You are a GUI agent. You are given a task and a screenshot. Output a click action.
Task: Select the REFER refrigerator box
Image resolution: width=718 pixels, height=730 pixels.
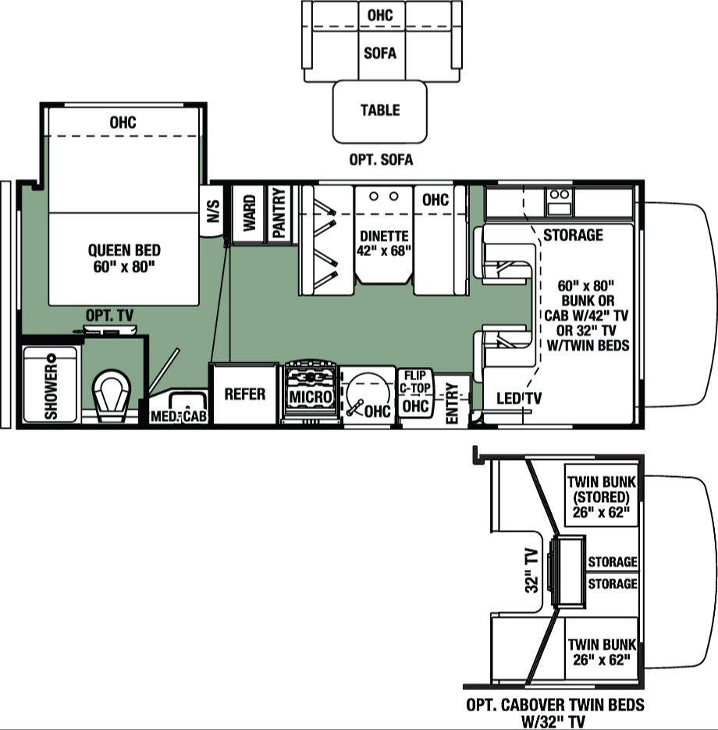coord(245,393)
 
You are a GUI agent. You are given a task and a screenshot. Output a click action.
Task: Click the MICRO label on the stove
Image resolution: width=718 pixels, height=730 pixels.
coord(311,397)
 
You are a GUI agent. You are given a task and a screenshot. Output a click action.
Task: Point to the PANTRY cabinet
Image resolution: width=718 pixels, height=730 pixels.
coord(279,213)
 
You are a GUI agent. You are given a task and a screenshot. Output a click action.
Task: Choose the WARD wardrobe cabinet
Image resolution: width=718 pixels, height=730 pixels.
coord(249,213)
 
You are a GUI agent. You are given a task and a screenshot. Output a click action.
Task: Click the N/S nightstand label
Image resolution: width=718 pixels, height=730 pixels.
coord(212,211)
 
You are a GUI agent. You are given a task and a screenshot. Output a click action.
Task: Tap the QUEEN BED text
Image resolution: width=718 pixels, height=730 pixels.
coord(124,251)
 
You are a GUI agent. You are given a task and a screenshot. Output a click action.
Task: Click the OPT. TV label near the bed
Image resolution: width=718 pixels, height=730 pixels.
coord(109,315)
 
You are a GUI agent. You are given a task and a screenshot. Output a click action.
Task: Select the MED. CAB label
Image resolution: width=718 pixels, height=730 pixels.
coord(179,415)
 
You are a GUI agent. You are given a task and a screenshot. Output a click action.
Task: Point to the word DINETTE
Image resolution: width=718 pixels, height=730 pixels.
coord(384,236)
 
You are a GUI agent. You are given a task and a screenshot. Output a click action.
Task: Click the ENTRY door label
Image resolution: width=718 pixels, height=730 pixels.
coord(452,403)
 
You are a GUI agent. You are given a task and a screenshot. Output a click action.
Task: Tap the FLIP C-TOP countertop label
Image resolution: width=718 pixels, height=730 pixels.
coord(415,381)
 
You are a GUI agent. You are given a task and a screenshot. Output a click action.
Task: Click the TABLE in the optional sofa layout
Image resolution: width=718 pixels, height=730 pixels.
coord(380,112)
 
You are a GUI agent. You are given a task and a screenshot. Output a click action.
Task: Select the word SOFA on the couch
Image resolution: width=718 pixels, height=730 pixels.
coord(380,53)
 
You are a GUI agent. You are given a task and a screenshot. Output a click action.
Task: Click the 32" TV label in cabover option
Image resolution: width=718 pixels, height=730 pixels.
coord(532,571)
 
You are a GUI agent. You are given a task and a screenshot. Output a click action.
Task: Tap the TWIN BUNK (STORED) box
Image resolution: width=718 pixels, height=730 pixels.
coord(601,495)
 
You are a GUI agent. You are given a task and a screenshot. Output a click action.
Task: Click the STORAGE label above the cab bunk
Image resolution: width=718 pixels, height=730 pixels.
coord(573,235)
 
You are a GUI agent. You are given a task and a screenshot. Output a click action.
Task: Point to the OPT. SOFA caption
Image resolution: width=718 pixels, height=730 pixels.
coord(381,160)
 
